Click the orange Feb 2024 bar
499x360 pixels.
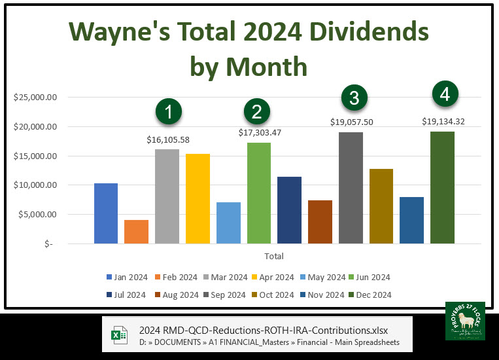136,232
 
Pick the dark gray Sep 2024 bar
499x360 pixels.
351,188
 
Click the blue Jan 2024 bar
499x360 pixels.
105,213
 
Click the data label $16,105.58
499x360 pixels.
167,139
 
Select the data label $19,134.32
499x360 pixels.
442,121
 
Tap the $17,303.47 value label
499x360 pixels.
258,132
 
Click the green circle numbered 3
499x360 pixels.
354,98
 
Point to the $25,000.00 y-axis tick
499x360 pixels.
37,98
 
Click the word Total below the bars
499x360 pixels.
273,256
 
